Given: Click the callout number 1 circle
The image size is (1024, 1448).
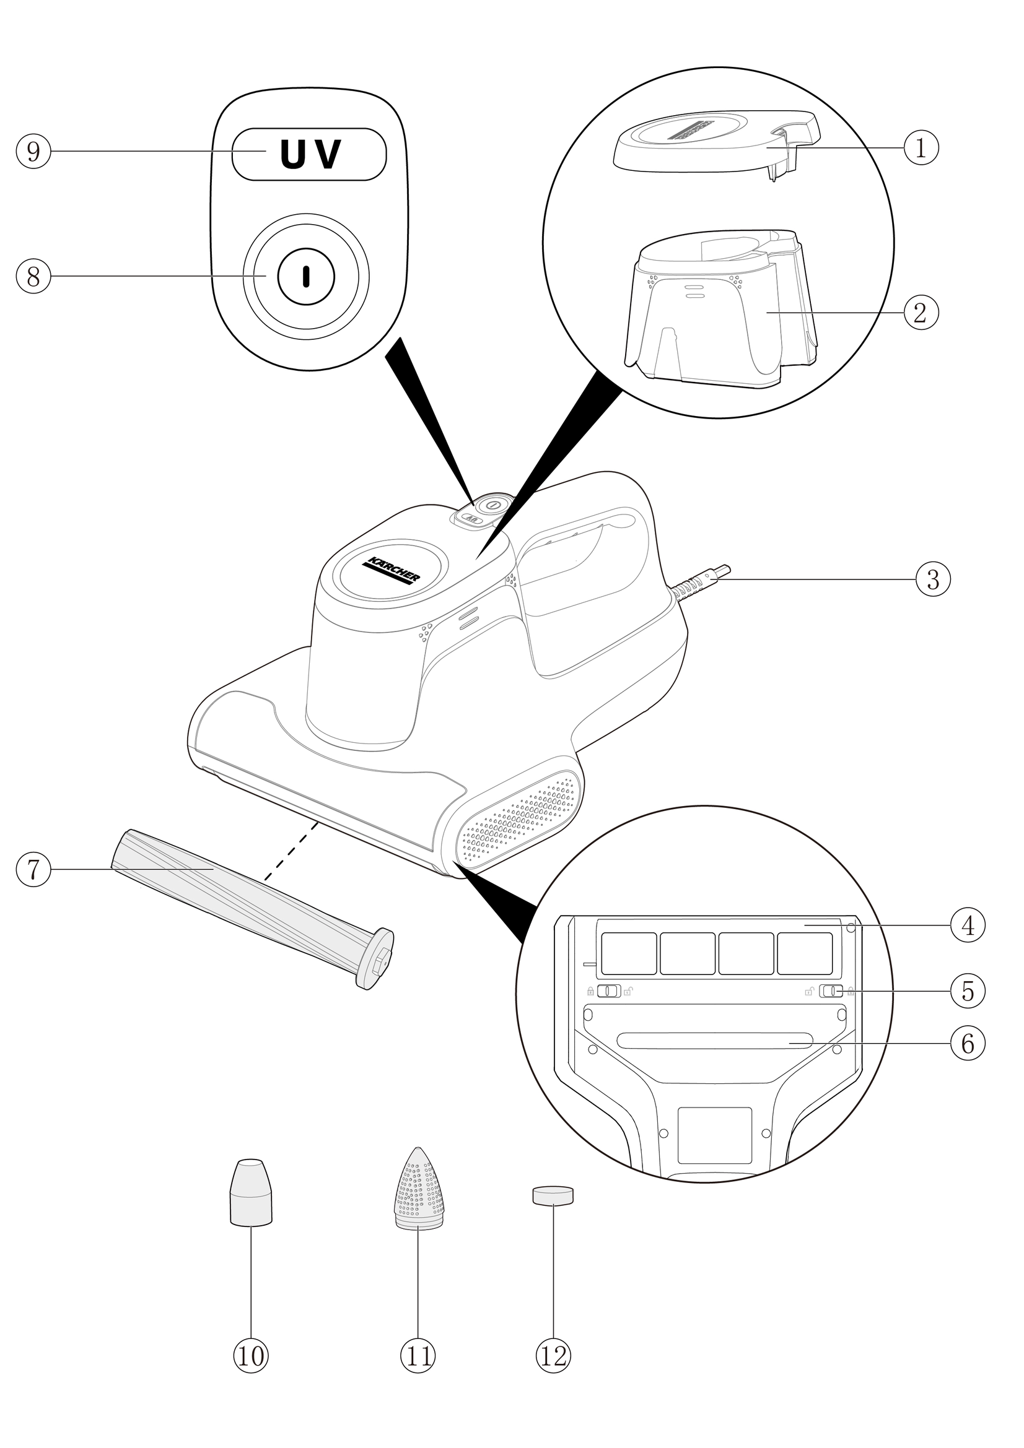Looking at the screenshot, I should [x=921, y=147].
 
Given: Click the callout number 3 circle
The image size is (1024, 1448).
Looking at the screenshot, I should [x=932, y=579].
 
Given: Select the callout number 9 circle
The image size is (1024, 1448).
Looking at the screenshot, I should [x=33, y=151].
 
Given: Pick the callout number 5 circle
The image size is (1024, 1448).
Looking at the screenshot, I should [x=967, y=991].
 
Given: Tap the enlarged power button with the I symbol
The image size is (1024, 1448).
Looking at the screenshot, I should [x=306, y=276].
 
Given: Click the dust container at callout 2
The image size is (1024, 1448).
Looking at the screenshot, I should [x=719, y=309].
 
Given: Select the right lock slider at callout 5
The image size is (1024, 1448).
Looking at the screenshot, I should [x=831, y=991].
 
